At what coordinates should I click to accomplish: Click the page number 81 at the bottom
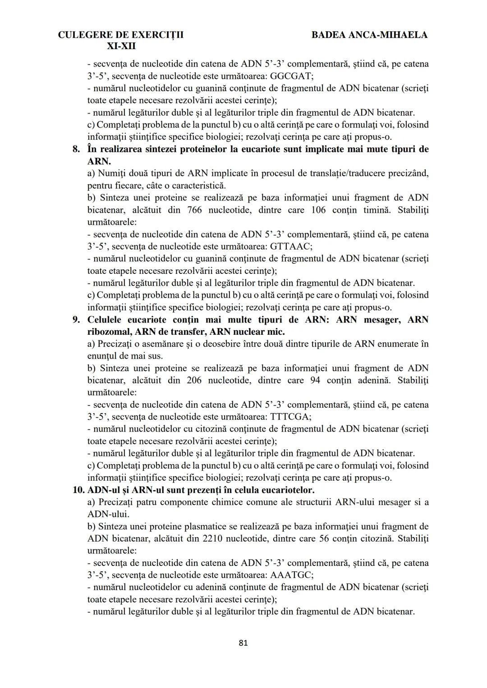click(x=243, y=643)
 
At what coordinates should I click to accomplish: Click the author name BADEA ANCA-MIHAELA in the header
click(x=369, y=35)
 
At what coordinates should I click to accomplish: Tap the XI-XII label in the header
click(x=121, y=46)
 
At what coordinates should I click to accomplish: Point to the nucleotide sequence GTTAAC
click(x=291, y=246)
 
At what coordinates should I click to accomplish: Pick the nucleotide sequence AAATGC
click(x=292, y=575)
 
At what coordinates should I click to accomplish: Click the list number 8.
click(x=77, y=149)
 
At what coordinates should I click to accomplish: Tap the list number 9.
click(x=77, y=320)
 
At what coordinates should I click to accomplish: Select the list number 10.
click(x=78, y=490)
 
